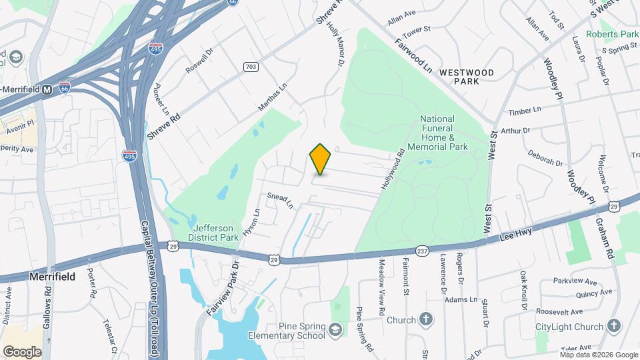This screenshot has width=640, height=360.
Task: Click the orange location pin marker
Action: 320,159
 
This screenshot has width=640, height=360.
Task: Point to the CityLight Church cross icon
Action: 614,327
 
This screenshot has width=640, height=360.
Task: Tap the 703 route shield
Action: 251,67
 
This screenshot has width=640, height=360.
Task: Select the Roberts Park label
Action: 612,34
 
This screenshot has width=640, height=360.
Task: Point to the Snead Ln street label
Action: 280,200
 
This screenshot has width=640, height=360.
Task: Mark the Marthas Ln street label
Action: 273,97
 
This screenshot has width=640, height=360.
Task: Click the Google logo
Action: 21,351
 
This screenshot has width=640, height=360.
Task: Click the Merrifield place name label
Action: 52,276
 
